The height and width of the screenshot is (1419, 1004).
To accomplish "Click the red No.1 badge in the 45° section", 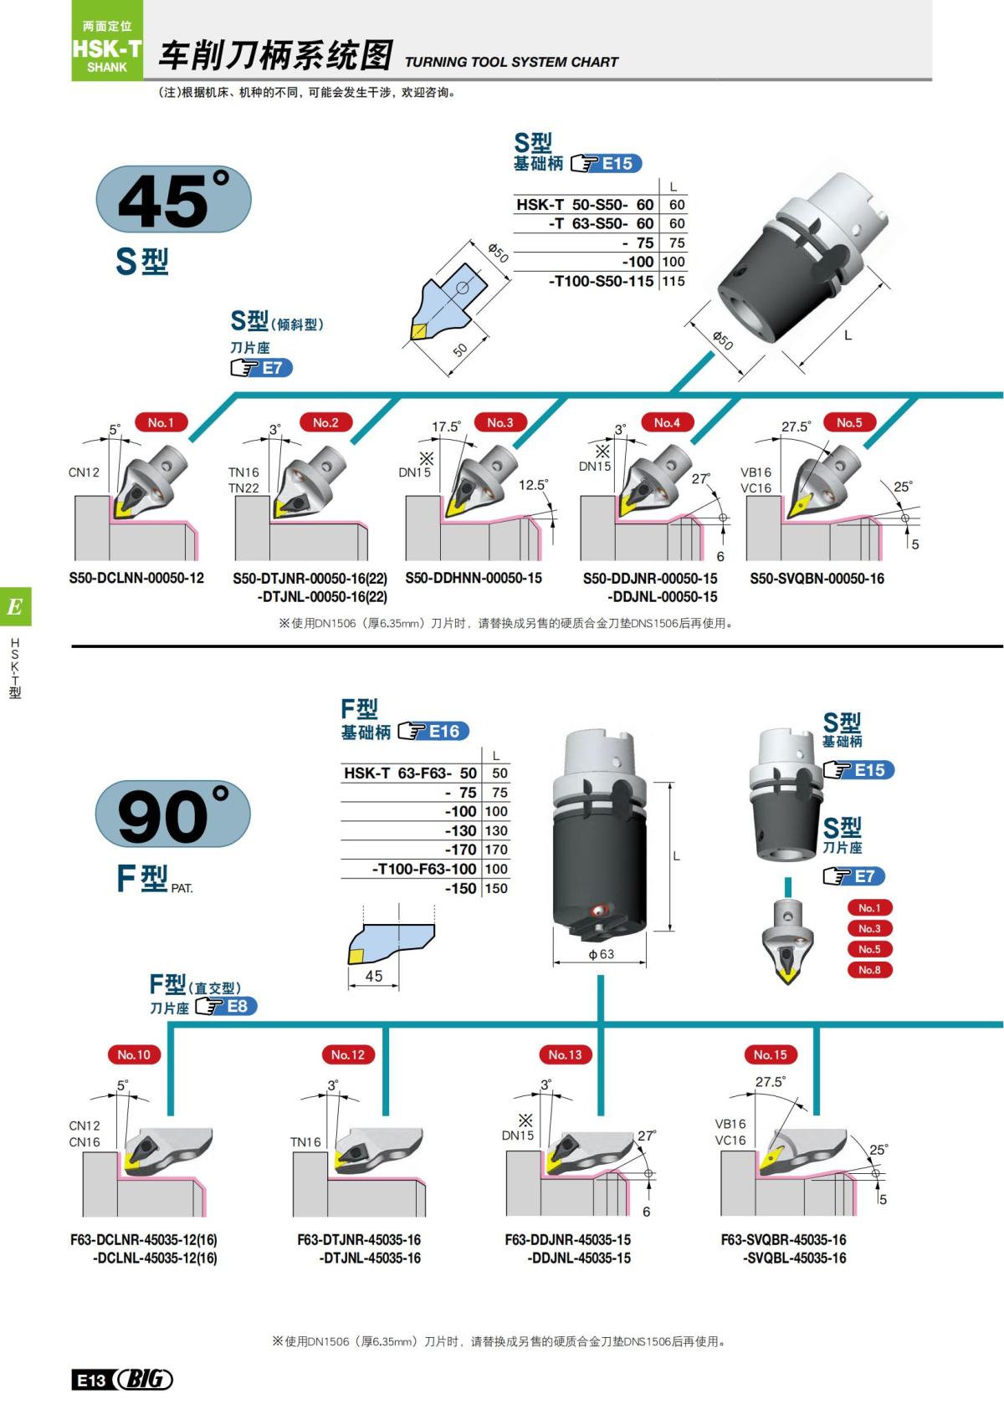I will point(161,423).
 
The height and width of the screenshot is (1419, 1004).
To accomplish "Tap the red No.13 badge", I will point(565,1055).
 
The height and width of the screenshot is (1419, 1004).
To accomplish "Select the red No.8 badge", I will point(869,970).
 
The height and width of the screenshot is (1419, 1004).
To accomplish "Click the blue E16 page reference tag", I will point(444,732).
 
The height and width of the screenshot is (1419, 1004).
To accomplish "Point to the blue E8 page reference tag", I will point(237,1007).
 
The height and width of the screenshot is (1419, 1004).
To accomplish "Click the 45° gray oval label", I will point(174,201).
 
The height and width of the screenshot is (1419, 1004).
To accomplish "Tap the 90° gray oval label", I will point(173,815).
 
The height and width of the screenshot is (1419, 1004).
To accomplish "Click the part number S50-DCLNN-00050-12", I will point(136,578).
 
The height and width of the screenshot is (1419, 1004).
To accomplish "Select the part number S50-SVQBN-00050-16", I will point(817,579).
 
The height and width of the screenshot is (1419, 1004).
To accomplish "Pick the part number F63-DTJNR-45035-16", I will point(359,1239).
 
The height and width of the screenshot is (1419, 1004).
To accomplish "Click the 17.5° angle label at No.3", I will point(446,427).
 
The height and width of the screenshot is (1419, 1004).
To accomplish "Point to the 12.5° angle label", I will point(533,485).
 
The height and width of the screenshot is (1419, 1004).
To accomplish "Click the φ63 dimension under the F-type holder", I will point(601,954).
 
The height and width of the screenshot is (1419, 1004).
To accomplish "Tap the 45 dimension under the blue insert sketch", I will point(374,976).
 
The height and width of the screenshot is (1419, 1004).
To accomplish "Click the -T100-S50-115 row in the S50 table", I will point(601,281).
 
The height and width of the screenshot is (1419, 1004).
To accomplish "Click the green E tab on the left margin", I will point(15,607).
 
